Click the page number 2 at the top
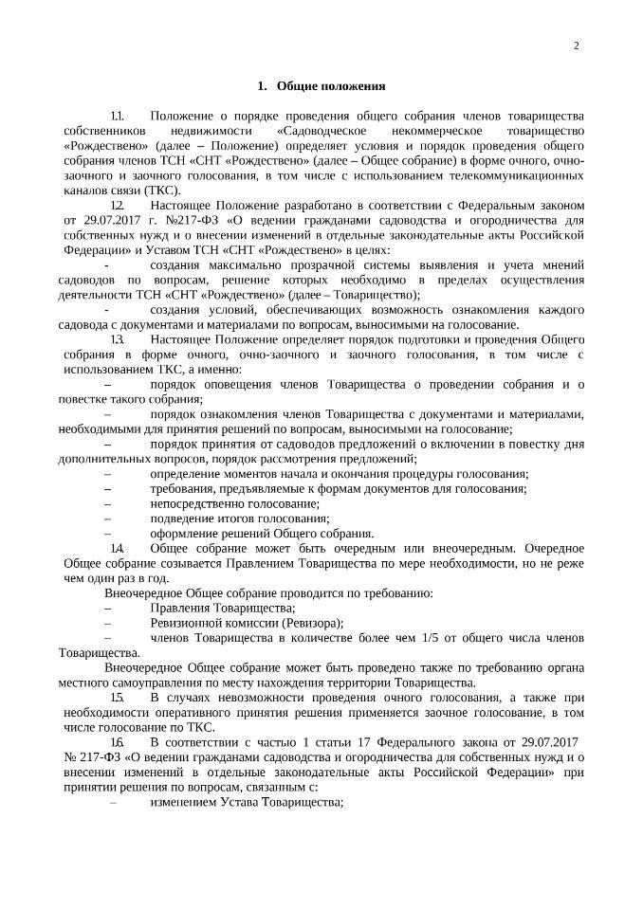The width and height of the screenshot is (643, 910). [x=576, y=46]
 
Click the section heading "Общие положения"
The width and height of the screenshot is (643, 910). [x=330, y=86]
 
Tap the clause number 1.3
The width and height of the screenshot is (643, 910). [x=118, y=338]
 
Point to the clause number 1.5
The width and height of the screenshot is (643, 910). [x=118, y=697]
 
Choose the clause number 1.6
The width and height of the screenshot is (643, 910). [x=118, y=741]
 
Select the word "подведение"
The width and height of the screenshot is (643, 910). [x=183, y=518]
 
